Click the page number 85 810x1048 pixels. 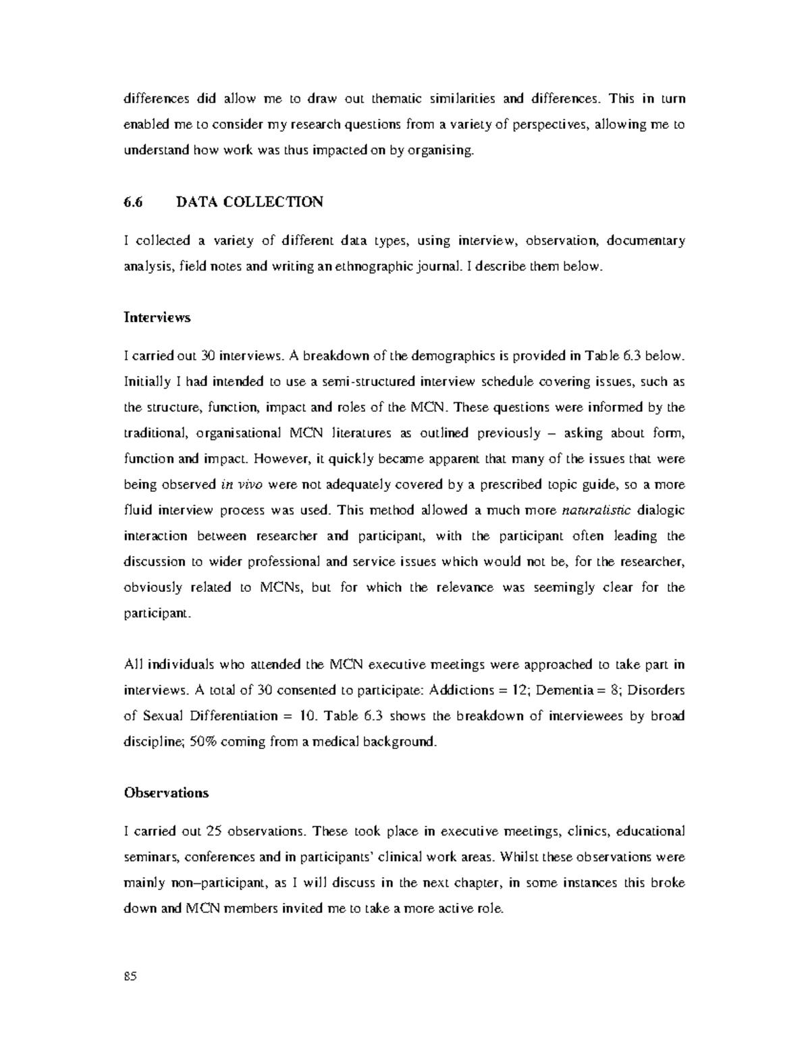[x=130, y=976]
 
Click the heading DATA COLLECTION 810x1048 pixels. [x=249, y=202]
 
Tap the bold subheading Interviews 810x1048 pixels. [x=157, y=317]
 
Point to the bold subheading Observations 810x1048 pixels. [x=166, y=793]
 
